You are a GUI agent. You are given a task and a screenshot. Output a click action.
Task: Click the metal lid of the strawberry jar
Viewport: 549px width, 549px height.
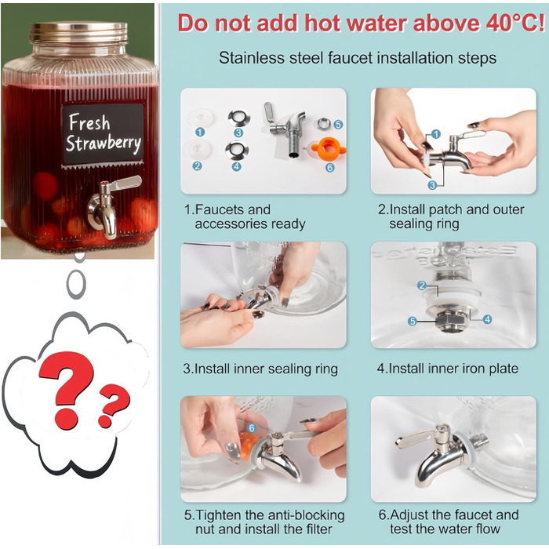(78, 33)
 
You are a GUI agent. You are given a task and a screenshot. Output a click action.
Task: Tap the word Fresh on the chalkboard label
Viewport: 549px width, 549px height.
(89, 122)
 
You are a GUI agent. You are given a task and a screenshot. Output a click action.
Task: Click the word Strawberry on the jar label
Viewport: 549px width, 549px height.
(104, 144)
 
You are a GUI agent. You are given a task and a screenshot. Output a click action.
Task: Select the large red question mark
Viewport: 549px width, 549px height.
(67, 388)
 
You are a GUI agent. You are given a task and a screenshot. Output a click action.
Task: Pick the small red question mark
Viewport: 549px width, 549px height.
(113, 405)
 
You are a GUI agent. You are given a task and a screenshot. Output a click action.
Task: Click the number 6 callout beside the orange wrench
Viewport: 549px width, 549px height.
(330, 168)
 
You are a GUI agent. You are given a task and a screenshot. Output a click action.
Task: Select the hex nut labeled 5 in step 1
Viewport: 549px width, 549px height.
(324, 124)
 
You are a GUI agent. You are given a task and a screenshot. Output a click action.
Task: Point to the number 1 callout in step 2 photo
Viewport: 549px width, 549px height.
(435, 134)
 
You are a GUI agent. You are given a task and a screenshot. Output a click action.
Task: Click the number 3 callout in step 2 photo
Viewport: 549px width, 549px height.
(432, 185)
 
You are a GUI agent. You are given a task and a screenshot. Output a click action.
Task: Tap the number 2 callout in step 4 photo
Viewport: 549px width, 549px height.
(422, 285)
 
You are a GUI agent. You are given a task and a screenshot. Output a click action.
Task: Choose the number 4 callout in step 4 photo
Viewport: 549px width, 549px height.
(487, 319)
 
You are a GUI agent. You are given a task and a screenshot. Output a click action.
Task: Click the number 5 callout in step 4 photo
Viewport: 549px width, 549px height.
(413, 321)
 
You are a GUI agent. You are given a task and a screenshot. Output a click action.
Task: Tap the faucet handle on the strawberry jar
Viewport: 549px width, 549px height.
(127, 184)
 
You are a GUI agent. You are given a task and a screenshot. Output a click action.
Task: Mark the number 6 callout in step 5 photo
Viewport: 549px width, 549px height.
(252, 428)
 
